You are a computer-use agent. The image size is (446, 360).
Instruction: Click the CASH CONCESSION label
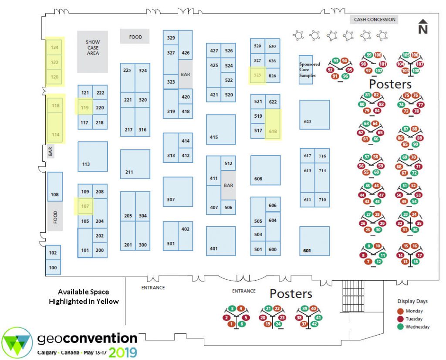pyautogui.click(x=374, y=20)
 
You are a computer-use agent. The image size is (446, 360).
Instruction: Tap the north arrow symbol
pyautogui.click(x=423, y=26)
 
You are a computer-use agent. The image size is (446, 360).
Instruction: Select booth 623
pyautogui.click(x=314, y=115)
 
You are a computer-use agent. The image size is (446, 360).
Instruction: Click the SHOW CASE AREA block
pyautogui.click(x=92, y=52)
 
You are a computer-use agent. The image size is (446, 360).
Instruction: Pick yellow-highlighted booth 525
pyautogui.click(x=257, y=75)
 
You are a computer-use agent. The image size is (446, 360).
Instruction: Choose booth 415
pyautogui.click(x=221, y=129)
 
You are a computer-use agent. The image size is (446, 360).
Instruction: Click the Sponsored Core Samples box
pyautogui.click(x=306, y=70)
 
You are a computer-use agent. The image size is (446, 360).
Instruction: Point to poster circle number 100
pyautogui.click(x=378, y=55)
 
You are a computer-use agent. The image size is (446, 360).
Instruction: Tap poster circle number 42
pyautogui.click(x=314, y=323)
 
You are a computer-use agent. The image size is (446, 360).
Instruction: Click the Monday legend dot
pyautogui.click(x=401, y=311)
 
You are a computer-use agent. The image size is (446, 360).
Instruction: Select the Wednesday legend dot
pyautogui.click(x=401, y=327)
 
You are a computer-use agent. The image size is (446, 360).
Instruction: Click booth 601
pyautogui.click(x=314, y=241)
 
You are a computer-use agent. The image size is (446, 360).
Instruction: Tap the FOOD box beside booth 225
pyautogui.click(x=135, y=36)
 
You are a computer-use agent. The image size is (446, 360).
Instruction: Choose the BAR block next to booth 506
pyautogui.click(x=228, y=185)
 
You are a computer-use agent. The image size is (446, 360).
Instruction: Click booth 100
pyautogui.click(x=53, y=267)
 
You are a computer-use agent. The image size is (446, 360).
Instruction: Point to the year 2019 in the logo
pyautogui.click(x=122, y=352)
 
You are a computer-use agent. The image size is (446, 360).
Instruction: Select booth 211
pyautogui.click(x=135, y=164)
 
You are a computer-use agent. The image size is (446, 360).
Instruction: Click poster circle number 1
pyautogui.click(x=232, y=323)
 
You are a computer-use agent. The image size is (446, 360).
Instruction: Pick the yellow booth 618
pyautogui.click(x=273, y=125)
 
